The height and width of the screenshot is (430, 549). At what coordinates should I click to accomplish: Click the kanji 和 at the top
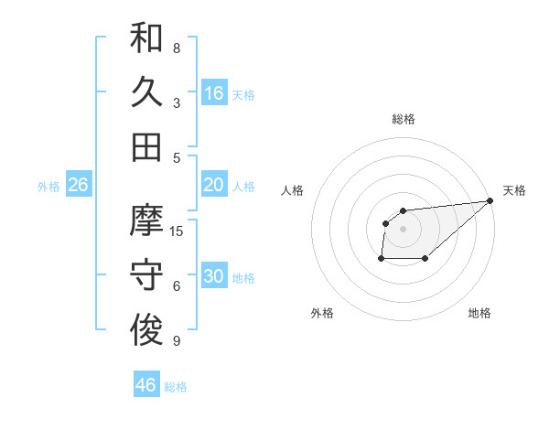[146, 38]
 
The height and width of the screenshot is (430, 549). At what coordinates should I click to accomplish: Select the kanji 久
[146, 92]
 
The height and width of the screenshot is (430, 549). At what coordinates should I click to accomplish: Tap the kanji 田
[146, 146]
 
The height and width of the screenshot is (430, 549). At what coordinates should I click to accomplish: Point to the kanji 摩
[146, 220]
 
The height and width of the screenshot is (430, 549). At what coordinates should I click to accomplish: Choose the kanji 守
[146, 275]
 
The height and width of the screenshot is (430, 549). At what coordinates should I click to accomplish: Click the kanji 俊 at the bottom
[146, 329]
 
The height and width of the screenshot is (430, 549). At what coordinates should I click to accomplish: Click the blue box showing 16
[214, 92]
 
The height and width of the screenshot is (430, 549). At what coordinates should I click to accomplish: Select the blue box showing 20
[214, 185]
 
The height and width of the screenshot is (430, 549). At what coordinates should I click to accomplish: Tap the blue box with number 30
[214, 276]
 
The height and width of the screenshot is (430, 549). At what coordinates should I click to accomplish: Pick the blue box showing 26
[78, 185]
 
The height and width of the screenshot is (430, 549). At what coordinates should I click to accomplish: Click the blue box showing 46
[146, 384]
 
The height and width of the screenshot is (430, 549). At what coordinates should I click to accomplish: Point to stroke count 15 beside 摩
[177, 231]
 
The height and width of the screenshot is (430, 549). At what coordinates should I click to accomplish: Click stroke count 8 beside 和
[177, 48]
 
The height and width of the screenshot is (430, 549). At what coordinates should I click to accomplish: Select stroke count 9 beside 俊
[177, 341]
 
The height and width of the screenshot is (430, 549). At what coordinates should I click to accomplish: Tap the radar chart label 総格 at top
[403, 119]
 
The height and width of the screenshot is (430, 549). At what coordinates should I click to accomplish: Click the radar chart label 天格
[514, 190]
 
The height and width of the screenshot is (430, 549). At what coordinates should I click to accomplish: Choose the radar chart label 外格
[322, 313]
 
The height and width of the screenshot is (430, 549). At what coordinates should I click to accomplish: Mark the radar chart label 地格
[479, 313]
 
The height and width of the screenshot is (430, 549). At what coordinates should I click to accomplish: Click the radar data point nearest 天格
[490, 201]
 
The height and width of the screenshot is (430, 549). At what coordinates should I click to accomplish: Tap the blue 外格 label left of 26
[48, 187]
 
